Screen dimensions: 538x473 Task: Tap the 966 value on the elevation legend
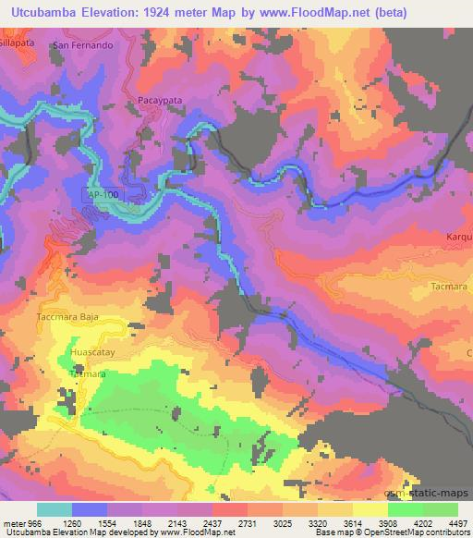(x=35, y=523)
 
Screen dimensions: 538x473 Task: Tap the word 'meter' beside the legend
(x=14, y=523)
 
